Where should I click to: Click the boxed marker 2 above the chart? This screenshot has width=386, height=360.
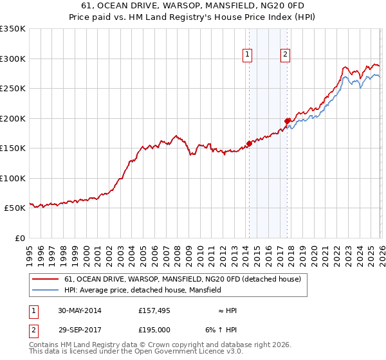pyautogui.click(x=285, y=55)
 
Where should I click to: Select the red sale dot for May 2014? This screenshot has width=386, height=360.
pyautogui.click(x=249, y=143)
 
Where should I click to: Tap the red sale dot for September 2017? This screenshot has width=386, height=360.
pyautogui.click(x=287, y=120)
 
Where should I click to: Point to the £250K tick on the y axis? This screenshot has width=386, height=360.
pyautogui.click(x=14, y=89)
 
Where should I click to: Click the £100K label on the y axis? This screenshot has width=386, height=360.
pyautogui.click(x=14, y=178)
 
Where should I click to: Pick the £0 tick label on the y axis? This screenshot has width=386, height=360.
pyautogui.click(x=19, y=238)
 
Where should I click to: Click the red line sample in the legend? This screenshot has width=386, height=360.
pyautogui.click(x=46, y=280)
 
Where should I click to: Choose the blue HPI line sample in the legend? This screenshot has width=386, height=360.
pyautogui.click(x=46, y=291)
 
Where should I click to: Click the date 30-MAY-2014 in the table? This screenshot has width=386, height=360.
pyautogui.click(x=79, y=310)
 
